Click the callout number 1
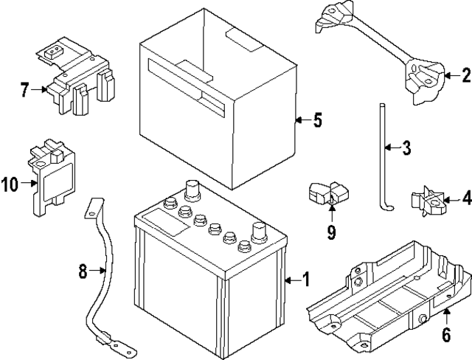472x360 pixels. (x=306, y=280)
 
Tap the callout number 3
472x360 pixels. (x=406, y=148)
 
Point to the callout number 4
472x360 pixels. (x=465, y=198)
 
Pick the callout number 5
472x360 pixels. (x=317, y=120)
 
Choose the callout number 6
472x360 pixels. (x=447, y=334)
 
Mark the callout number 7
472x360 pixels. (x=25, y=91)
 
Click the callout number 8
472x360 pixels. (x=83, y=271)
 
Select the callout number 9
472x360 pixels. (x=331, y=232)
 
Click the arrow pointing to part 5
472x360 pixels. (x=299, y=120)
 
